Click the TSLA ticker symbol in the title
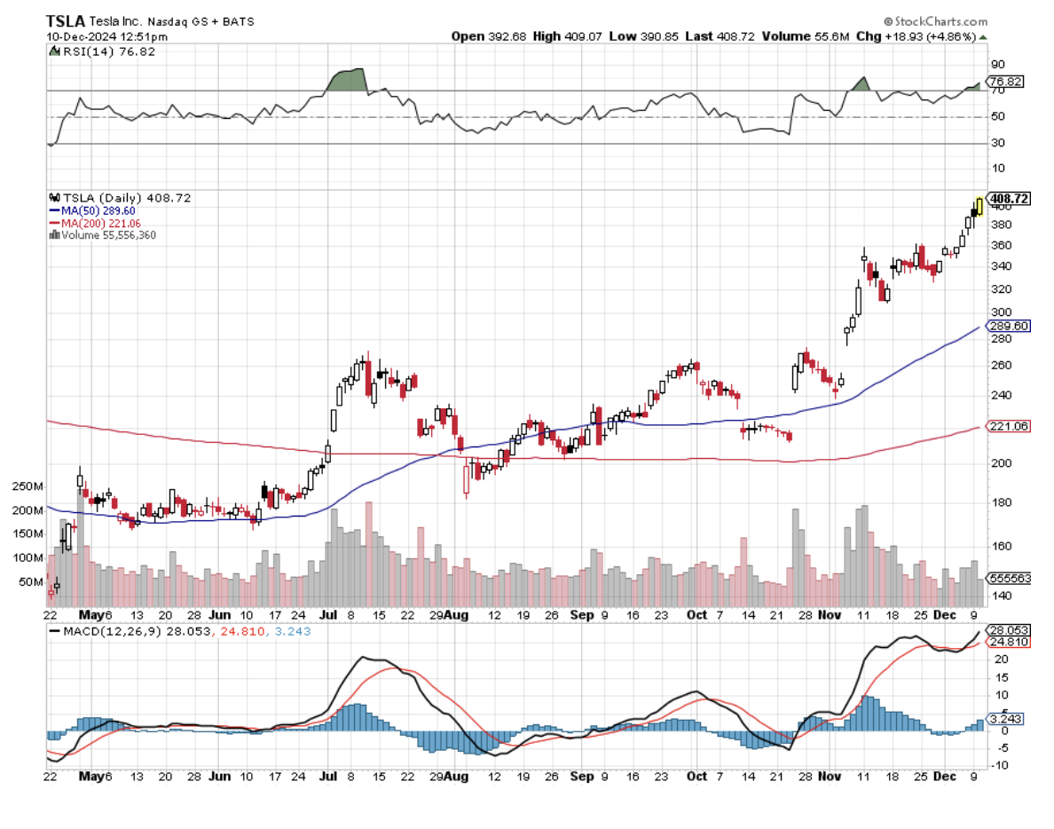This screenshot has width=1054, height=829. [x=66, y=20]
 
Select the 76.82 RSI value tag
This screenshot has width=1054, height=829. [x=1007, y=81]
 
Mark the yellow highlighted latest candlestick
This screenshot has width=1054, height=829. [x=979, y=206]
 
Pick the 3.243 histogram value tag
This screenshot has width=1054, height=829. [x=1007, y=719]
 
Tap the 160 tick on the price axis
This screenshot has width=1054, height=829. [x=1001, y=547]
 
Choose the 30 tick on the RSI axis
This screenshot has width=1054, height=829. [x=998, y=143]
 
